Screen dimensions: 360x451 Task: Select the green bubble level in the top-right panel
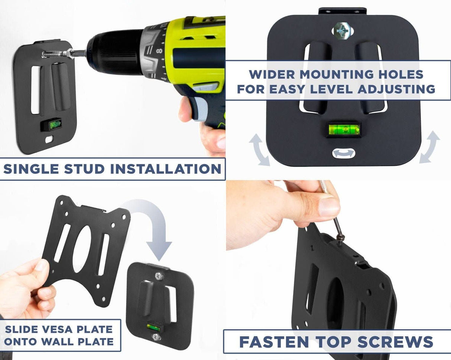click(x=344, y=130)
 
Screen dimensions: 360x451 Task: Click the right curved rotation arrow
click(x=430, y=147)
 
